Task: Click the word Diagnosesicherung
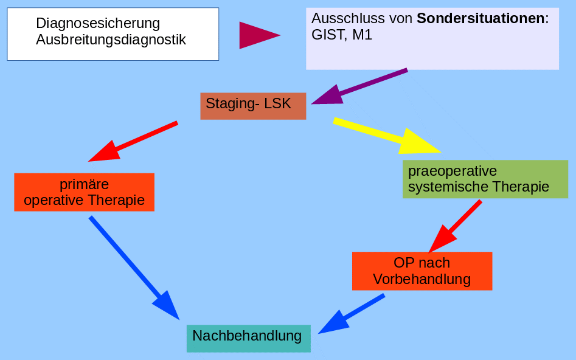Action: [98, 24]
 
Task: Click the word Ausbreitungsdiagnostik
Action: [111, 40]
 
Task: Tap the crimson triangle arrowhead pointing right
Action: [257, 35]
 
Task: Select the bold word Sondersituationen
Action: [481, 18]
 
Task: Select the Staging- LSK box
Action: [253, 105]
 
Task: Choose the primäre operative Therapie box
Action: [84, 192]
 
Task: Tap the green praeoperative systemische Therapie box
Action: [485, 179]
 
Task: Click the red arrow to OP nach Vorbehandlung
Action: [456, 225]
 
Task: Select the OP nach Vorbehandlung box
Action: [422, 271]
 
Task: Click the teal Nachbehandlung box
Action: [248, 338]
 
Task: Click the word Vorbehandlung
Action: [422, 280]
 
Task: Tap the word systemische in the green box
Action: [444, 187]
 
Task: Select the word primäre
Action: [84, 184]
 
